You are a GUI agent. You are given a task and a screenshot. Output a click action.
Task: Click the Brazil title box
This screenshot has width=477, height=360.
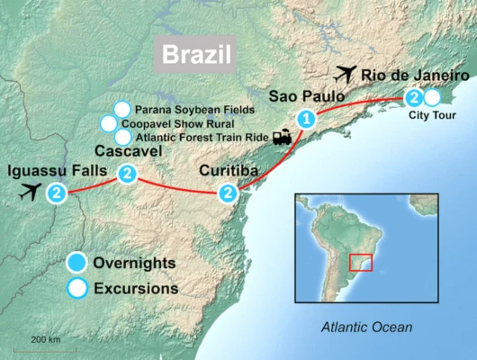(x=196, y=54)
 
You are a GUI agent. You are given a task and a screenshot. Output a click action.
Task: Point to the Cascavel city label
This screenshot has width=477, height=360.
(x=128, y=151)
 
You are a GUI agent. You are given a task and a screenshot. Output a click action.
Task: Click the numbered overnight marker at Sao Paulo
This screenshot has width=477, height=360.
(x=307, y=118)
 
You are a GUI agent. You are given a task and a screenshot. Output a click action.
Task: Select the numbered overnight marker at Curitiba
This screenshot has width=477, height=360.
(x=229, y=192)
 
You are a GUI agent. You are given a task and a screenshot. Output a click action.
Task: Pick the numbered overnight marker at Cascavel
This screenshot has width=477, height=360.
(x=127, y=173)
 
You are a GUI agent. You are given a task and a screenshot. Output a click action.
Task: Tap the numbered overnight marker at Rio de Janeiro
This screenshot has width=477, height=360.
(x=413, y=97)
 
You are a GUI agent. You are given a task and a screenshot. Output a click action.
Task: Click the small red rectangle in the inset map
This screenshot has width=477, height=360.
(x=361, y=263)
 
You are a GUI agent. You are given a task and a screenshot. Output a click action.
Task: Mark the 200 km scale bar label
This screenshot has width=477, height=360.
(x=45, y=339)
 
